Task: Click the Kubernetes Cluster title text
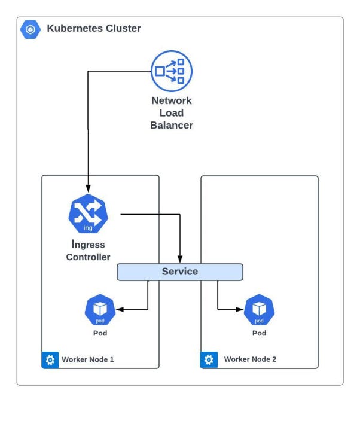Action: point(94,28)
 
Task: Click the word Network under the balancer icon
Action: point(172,101)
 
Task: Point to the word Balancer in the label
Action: point(172,126)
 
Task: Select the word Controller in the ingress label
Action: point(89,257)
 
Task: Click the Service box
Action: point(179,272)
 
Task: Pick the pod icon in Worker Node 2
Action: point(259,309)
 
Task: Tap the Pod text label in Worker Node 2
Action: point(259,333)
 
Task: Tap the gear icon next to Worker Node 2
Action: point(209,360)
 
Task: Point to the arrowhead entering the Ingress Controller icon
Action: point(89,188)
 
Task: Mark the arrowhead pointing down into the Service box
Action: point(180,259)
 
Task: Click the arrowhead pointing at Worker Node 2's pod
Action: point(240,309)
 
